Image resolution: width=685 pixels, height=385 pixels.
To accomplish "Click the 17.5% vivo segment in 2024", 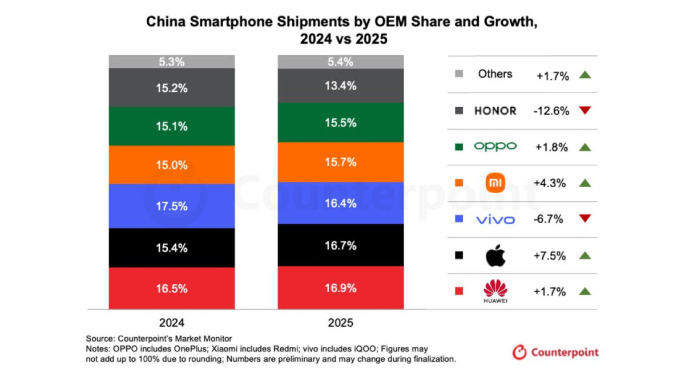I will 172,206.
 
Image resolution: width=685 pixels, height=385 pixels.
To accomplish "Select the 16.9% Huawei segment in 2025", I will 341,287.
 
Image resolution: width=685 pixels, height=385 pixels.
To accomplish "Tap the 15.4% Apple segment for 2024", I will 172,248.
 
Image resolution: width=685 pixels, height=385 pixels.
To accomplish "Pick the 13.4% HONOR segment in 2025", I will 341,86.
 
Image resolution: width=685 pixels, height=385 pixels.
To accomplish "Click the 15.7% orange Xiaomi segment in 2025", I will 341,162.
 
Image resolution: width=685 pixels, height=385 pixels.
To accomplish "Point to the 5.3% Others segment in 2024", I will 172,62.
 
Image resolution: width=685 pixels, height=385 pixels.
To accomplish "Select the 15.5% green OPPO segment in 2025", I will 341,123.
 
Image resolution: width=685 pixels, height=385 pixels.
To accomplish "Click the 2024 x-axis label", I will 172,322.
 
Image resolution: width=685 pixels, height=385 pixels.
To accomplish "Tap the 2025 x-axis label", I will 341,322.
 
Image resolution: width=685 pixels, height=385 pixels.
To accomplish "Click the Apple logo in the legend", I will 495,256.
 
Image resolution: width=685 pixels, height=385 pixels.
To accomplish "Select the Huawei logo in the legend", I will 495,291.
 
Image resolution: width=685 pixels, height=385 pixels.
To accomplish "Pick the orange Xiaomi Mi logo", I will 495,183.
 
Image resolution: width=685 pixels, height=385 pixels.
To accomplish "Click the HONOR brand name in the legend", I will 495,111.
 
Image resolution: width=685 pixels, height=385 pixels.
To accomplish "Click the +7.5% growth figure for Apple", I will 551,256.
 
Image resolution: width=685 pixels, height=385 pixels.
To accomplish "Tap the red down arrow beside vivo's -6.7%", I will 585,219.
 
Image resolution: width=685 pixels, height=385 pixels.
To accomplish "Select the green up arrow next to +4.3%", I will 585,183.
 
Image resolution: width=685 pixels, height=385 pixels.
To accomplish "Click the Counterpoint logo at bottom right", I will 555,352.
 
